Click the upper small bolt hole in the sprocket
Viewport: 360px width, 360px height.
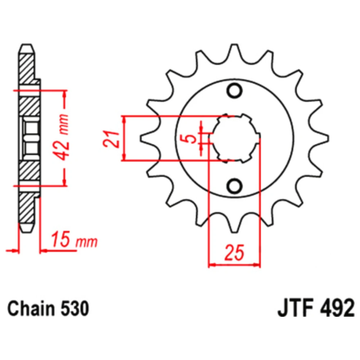234,90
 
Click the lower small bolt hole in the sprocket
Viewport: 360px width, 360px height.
234,185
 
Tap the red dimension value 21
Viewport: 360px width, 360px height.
111,139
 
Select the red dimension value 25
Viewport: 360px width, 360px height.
234,253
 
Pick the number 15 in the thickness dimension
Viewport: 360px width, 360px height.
60,239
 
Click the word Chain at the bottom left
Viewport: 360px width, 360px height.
31,309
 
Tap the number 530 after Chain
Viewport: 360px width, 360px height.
75,309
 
